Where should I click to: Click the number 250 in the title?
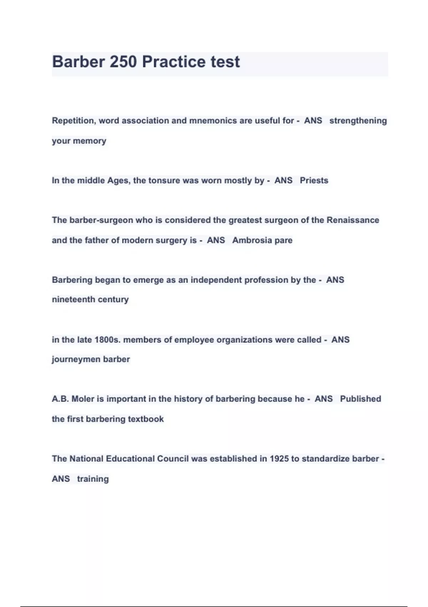coord(123,62)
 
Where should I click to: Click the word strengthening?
coord(358,121)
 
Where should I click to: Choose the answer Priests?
coord(314,180)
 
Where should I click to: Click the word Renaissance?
coord(353,220)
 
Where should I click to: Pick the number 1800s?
coord(107,340)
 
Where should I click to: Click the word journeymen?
coord(76,359)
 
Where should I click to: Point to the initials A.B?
coord(60,399)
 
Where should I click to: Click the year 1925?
coord(279,458)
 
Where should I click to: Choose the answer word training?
coord(93,479)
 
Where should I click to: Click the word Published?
coord(360,399)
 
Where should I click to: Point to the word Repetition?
coord(73,121)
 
